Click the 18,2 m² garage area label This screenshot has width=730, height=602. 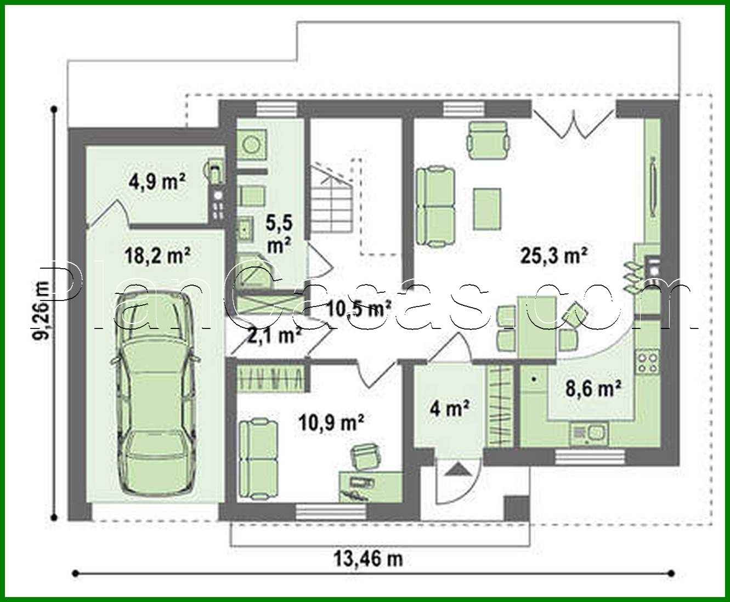point(157,255)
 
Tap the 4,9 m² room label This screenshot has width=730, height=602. point(157,182)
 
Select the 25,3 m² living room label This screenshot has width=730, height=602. point(554,255)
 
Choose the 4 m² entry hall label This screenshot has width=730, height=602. point(449,407)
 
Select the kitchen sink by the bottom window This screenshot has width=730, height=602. point(589,434)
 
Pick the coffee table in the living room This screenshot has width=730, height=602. point(488,209)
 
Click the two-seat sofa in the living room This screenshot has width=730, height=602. point(435,207)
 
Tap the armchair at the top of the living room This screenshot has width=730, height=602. point(488,140)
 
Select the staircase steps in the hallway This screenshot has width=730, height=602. point(331,199)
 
